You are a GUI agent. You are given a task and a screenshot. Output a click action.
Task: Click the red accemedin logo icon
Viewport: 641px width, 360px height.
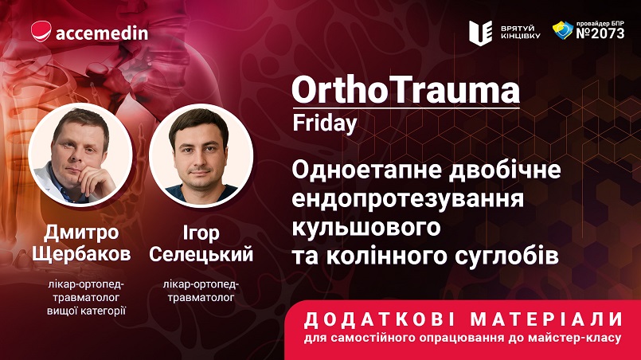tap(41, 31)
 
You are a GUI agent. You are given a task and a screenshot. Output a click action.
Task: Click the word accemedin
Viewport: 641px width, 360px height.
tap(102, 33)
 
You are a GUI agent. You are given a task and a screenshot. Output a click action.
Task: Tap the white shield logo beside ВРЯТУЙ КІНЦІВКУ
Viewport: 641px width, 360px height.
tap(480, 33)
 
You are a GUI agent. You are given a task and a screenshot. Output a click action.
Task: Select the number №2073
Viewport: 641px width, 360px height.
tap(600, 33)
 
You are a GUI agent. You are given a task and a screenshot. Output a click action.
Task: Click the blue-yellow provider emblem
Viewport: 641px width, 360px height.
tap(563, 30)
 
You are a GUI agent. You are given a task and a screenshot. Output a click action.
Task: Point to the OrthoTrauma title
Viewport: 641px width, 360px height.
tap(405, 91)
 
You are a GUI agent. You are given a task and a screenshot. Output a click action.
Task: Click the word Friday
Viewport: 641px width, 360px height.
tap(325, 123)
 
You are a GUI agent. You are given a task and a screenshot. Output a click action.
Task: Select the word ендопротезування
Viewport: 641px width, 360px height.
tap(408, 199)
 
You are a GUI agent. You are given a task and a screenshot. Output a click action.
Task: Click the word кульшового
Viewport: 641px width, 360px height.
tap(365, 227)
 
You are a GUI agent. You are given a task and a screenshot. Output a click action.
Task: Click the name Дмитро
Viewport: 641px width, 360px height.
tap(81, 233)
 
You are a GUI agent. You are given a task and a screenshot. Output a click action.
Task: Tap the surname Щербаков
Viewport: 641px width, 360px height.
tap(81, 254)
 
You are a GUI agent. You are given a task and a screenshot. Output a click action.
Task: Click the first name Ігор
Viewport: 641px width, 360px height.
tap(201, 233)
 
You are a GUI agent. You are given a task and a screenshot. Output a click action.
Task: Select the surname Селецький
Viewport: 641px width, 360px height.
tap(201, 254)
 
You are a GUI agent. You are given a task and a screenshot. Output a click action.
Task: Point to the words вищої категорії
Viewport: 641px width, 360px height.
tap(86, 311)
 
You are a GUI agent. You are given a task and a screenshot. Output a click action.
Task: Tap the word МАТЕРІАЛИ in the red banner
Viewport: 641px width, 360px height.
tap(546, 320)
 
